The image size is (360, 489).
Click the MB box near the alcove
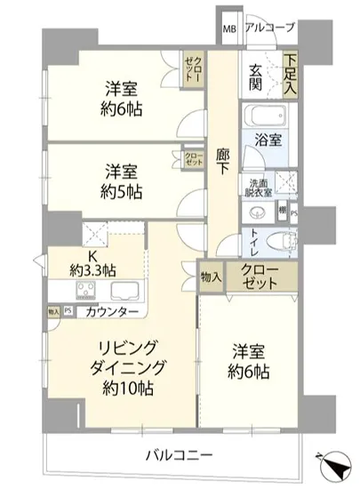click(x=229, y=28)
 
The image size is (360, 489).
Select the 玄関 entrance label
click(x=256, y=78)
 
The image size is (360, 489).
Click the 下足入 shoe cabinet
click(x=290, y=75)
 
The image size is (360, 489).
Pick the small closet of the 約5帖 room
click(x=193, y=160)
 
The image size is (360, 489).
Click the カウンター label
click(x=112, y=313)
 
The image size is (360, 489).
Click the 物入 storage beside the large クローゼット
click(x=210, y=278)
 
